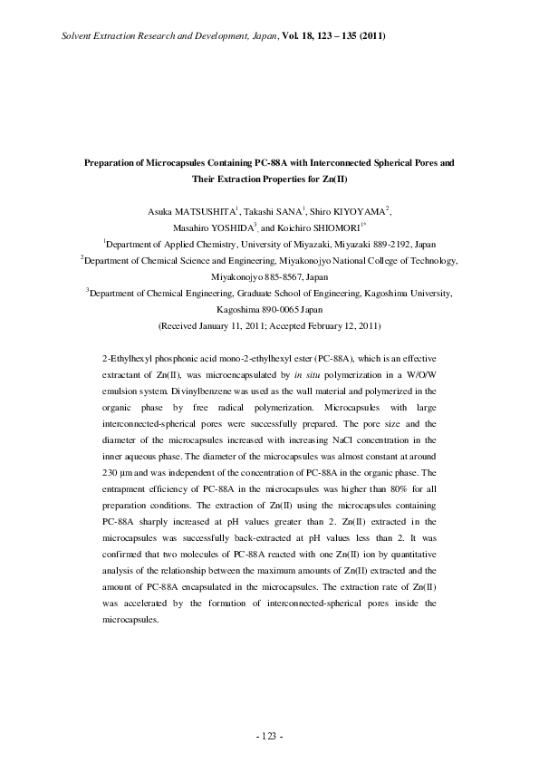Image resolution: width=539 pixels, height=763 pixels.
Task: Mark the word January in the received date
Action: (219, 324)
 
